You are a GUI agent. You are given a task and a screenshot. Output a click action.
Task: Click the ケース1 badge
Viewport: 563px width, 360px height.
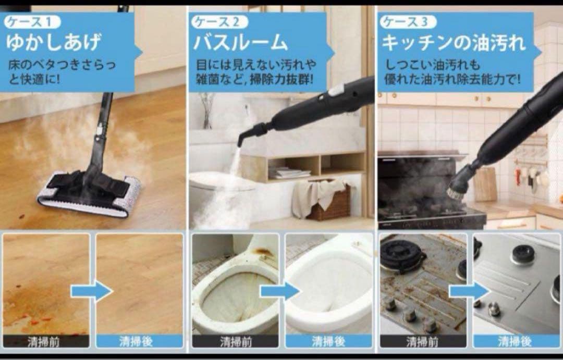pos(33,22)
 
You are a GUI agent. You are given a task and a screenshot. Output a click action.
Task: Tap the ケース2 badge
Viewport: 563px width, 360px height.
pos(219,22)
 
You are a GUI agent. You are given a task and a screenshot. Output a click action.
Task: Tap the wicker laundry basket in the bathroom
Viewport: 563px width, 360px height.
pos(328,203)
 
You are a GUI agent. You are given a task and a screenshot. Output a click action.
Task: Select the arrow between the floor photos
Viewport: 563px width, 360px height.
pos(92,291)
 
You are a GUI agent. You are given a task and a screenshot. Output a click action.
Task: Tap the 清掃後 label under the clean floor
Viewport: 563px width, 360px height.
pos(139,342)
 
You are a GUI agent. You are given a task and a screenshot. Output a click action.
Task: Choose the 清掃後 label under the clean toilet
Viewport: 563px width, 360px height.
pos(328,342)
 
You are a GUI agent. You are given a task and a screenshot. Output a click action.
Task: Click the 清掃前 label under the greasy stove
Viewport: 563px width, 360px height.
pos(423,342)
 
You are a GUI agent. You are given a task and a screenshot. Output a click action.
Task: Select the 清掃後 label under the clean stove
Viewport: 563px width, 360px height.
pos(516,342)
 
